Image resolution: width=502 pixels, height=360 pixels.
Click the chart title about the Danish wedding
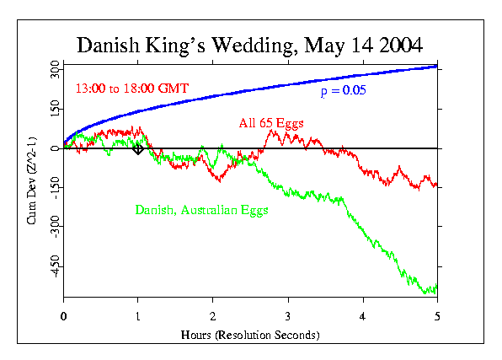[250, 45]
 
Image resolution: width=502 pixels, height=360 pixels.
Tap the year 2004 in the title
[398, 45]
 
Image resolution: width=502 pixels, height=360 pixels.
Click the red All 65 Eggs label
[271, 123]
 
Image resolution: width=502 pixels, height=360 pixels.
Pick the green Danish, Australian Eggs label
[201, 209]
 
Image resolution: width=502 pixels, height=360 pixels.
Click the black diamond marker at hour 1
[138, 148]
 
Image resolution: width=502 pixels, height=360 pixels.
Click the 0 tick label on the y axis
[55, 148]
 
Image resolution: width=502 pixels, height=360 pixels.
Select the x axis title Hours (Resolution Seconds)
[250, 335]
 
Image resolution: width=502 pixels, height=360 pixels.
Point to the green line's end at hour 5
[435, 288]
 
